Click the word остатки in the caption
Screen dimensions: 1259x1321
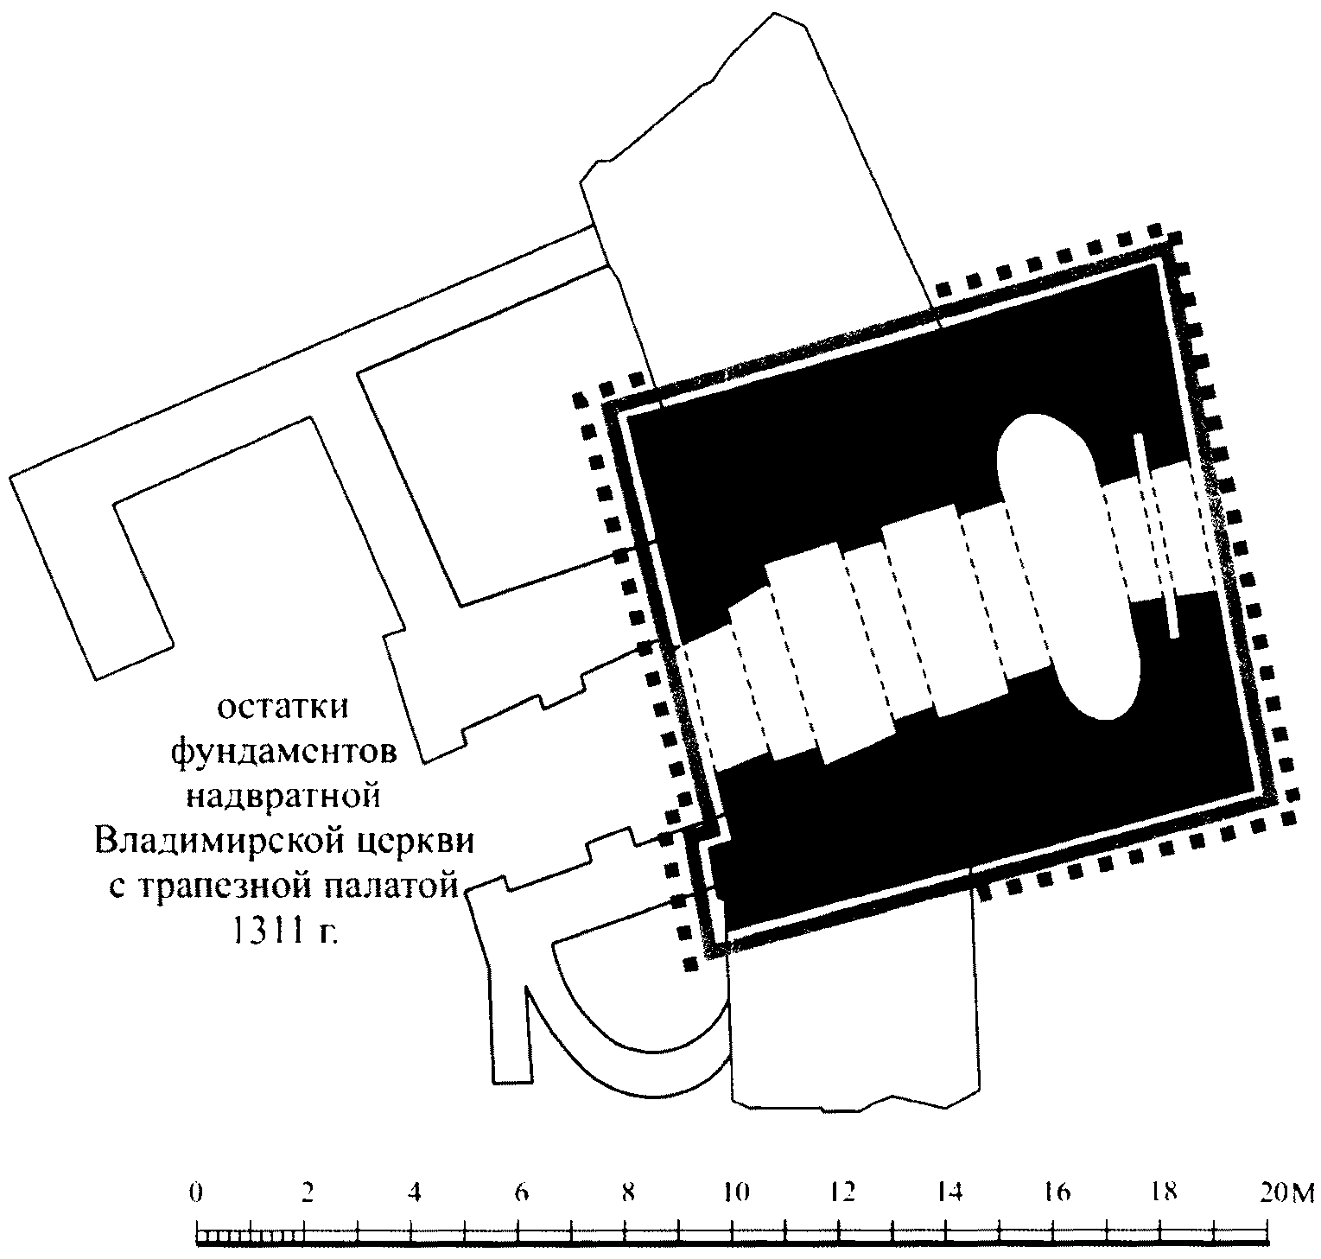click(283, 708)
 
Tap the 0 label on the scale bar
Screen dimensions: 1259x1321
click(198, 1192)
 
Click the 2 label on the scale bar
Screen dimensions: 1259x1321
click(306, 1192)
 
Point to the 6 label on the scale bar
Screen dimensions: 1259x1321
click(520, 1192)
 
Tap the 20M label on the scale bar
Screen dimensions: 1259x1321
click(1285, 1192)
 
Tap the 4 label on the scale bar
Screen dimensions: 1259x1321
click(413, 1192)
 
